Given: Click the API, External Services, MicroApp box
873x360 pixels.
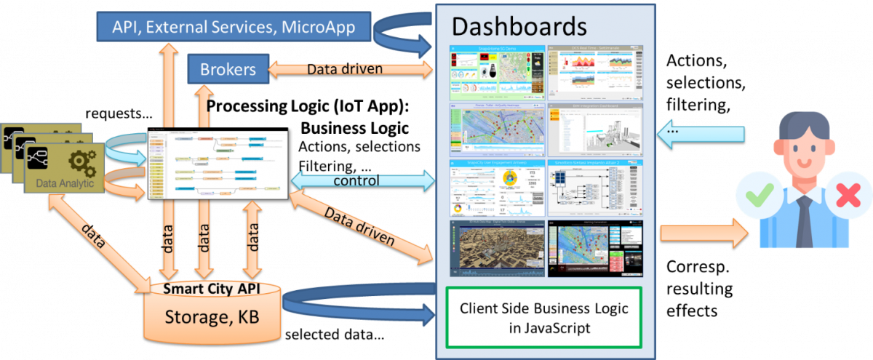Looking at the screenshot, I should click(234, 26).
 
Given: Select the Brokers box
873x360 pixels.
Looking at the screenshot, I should click(228, 70).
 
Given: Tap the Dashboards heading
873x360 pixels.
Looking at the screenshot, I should click(519, 26).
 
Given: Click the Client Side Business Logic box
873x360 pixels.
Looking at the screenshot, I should click(543, 318).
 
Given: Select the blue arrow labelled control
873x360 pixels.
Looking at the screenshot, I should click(362, 180).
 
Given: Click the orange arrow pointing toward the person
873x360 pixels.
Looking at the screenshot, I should click(703, 233).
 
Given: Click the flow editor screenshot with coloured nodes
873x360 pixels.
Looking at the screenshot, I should click(218, 165).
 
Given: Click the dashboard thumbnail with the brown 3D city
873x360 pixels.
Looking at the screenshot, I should click(497, 248).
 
